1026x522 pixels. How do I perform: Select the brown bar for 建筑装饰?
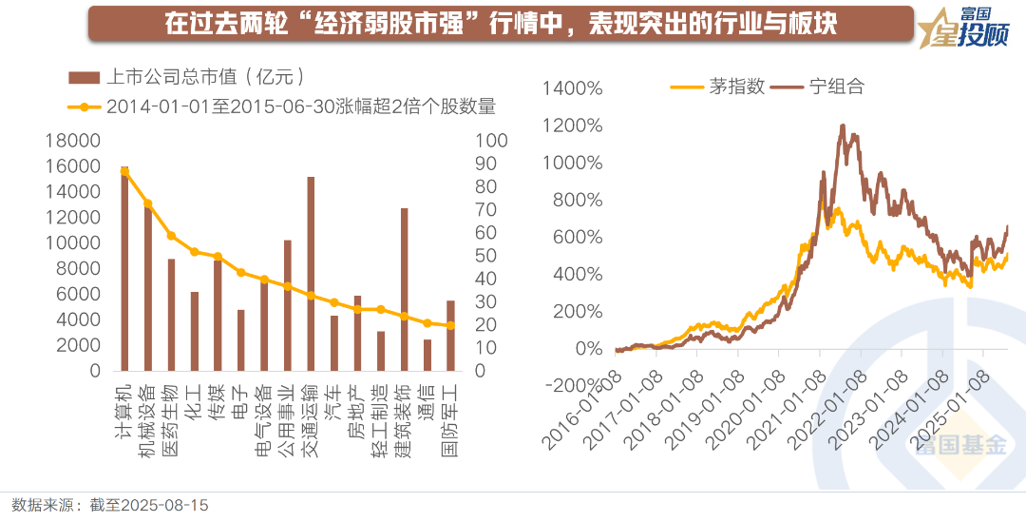[x=404, y=289]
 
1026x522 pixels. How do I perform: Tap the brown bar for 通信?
[x=427, y=355]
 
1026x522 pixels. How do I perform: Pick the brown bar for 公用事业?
[x=287, y=305]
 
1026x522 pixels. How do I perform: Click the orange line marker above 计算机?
[x=124, y=171]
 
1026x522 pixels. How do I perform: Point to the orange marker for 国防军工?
[x=450, y=325]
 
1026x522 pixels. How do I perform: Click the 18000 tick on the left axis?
[x=73, y=141]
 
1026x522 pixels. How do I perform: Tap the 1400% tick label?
[x=573, y=88]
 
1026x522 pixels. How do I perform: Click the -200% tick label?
[x=573, y=385]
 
